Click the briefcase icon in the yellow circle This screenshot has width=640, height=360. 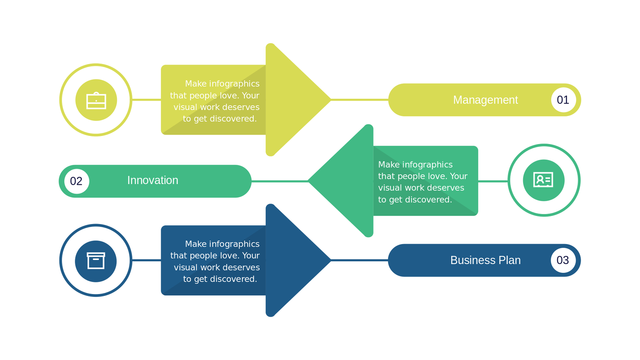pos(96,100)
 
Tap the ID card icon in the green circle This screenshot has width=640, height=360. pos(543,180)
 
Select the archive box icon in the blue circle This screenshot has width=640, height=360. pos(96,261)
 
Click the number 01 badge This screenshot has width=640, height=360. pos(563,100)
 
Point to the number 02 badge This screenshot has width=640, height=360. pos(76,181)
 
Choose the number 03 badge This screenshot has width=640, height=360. pos(563,260)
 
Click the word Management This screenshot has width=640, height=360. pos(485,100)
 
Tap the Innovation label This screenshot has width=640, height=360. pos(153,180)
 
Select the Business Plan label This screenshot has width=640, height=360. pos(485,260)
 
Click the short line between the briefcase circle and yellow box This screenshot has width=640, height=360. pos(146,100)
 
